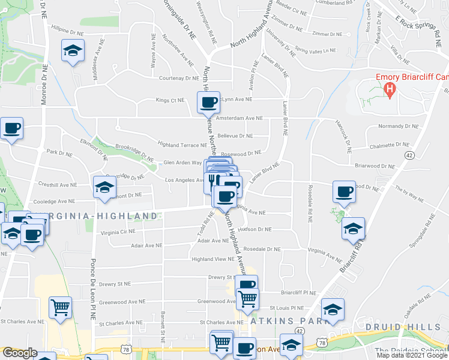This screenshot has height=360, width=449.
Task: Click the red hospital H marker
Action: pyautogui.click(x=390, y=91)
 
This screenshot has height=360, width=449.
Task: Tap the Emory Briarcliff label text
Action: pyautogui.click(x=412, y=77)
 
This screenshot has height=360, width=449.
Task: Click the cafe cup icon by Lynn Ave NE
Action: pyautogui.click(x=208, y=102)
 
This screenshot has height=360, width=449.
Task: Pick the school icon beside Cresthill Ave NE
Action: pyautogui.click(x=104, y=187)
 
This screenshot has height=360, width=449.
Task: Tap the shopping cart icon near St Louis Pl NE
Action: pyautogui.click(x=247, y=298)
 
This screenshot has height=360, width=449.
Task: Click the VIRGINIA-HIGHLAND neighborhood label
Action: pyautogui.click(x=96, y=215)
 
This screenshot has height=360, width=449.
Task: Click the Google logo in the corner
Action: pyautogui.click(x=20, y=353)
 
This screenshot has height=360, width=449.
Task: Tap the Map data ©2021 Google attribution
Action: pyautogui.click(x=411, y=355)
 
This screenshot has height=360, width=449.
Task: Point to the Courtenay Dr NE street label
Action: pyautogui.click(x=179, y=78)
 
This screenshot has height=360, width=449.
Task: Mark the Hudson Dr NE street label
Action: pyautogui.click(x=255, y=229)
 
